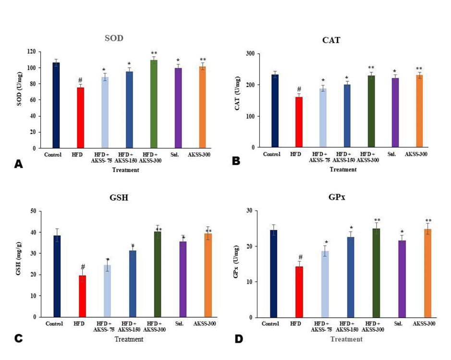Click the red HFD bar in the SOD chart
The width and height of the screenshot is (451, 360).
click(81, 118)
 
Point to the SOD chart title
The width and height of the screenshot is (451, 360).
click(114, 38)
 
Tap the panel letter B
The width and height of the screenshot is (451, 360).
click(236, 161)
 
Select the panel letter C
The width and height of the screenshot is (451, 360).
click(18, 338)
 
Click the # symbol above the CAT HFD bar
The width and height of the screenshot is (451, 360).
click(299, 89)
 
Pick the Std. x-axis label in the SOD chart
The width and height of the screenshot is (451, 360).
click(178, 154)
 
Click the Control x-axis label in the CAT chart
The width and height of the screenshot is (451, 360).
click(272, 154)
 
